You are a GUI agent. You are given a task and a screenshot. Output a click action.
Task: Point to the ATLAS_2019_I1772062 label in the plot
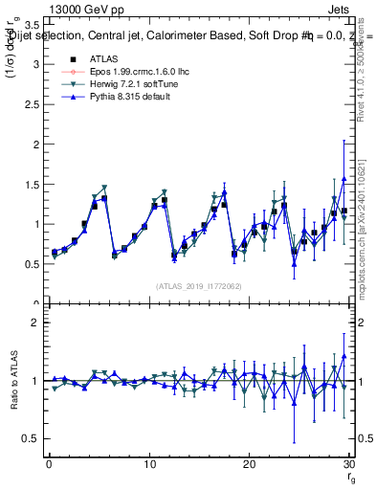tap(197, 286)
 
